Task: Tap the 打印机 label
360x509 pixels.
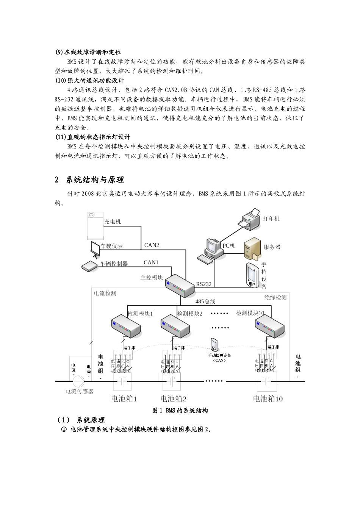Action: tap(271, 219)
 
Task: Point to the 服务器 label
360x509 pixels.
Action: tap(272, 247)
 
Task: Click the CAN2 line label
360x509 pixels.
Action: tap(152, 245)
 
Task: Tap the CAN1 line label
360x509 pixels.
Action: tap(151, 262)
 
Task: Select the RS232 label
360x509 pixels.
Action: tap(204, 284)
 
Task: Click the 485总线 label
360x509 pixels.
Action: tap(205, 302)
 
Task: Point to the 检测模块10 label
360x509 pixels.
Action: tap(250, 313)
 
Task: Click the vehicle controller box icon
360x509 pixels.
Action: tap(90, 266)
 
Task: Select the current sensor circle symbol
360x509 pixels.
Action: tap(79, 381)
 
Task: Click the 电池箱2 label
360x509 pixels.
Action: tap(174, 399)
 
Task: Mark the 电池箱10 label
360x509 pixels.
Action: tap(268, 399)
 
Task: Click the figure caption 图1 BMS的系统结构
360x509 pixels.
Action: tap(180, 411)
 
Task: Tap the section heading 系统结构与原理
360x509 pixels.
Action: tap(95, 180)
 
